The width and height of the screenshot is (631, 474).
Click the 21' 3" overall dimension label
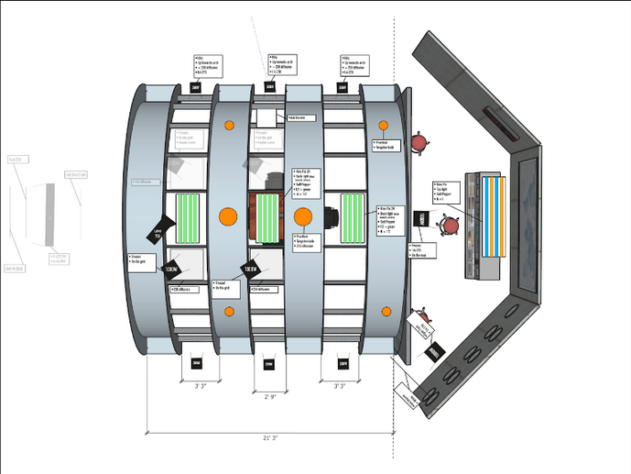(269, 439)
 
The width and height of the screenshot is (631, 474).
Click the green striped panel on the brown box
(267, 217)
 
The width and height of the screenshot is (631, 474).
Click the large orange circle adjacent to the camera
(302, 217)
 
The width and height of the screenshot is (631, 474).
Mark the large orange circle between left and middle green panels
(228, 217)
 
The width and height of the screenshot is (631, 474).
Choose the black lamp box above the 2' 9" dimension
(267, 363)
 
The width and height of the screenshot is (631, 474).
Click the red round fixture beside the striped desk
(449, 226)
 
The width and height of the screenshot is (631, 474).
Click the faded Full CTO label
(16, 160)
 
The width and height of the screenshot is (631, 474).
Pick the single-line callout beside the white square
(302, 117)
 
